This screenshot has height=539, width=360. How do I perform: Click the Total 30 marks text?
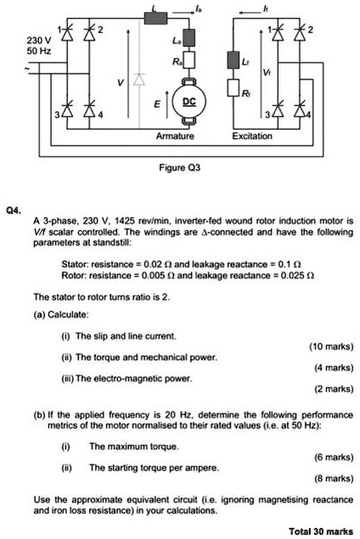[x=321, y=531]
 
